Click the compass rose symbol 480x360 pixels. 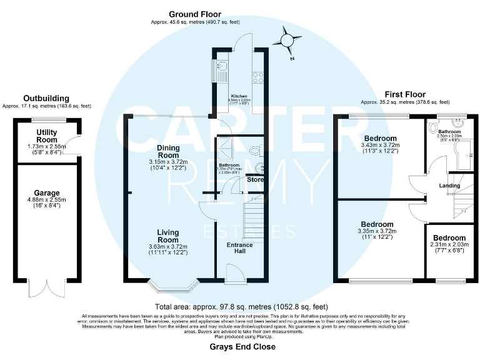pos(287,41)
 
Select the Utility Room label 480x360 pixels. pos(47,136)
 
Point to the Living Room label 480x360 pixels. pos(167,235)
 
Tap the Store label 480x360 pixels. pos(255,180)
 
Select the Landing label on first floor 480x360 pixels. pos(449,185)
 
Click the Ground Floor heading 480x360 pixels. pos(195,13)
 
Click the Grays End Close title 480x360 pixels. pos(242,346)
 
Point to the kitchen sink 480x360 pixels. pos(221,65)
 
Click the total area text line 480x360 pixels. pos(242,307)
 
